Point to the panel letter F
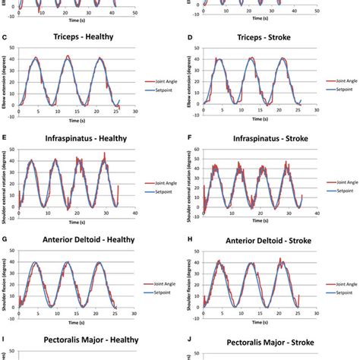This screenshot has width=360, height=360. (x=188, y=139)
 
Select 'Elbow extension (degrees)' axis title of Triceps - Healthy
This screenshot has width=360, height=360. (x=6, y=78)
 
